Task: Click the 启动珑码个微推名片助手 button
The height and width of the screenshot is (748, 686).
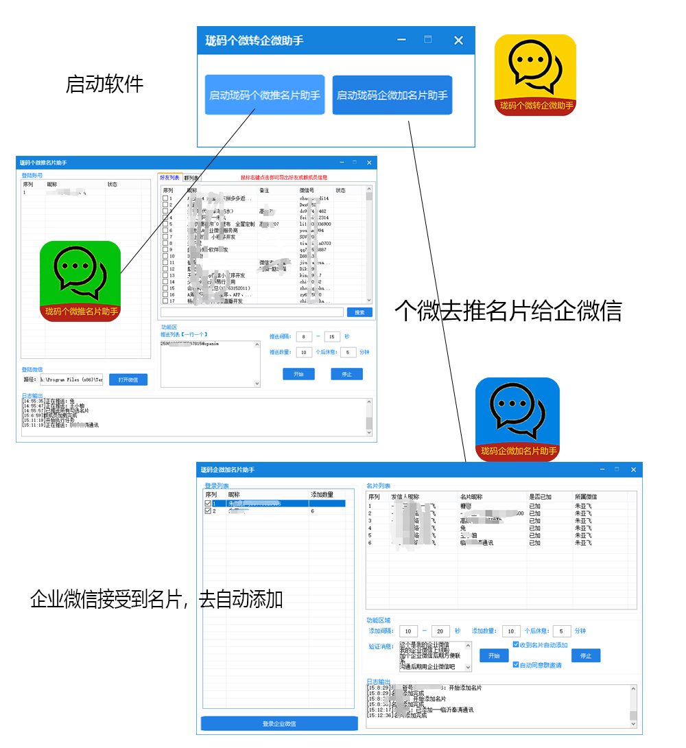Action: (265, 95)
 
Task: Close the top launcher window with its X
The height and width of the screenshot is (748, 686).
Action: (458, 40)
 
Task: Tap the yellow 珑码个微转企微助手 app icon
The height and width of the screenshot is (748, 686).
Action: (536, 75)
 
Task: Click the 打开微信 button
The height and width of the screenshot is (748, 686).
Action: (128, 379)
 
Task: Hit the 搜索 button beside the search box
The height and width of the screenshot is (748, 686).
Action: (359, 312)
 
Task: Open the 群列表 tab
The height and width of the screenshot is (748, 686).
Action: (191, 178)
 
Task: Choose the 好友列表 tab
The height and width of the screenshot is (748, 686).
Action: (169, 178)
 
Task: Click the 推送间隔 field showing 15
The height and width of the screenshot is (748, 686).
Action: (332, 337)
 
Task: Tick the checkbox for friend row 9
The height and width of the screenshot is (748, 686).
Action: (165, 250)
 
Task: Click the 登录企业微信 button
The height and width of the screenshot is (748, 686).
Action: (279, 723)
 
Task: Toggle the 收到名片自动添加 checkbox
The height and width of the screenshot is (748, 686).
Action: (516, 645)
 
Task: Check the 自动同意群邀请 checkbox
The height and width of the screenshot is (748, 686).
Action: (516, 665)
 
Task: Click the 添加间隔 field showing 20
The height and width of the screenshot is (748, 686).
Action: (440, 631)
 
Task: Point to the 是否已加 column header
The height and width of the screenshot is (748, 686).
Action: (540, 497)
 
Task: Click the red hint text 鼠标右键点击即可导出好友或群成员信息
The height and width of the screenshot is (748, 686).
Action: (284, 178)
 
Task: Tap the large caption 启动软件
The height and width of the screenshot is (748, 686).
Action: (104, 84)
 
